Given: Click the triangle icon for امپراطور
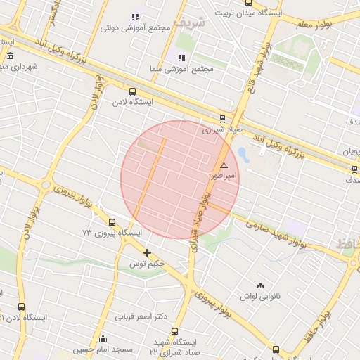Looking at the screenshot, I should (x=224, y=165).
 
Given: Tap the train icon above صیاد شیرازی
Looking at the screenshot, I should (x=223, y=118).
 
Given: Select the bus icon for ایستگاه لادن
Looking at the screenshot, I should (x=132, y=91).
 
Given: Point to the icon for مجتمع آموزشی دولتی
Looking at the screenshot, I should (x=135, y=17).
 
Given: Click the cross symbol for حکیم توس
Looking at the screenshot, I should (x=147, y=252).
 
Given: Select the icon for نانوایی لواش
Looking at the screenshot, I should (x=261, y=285).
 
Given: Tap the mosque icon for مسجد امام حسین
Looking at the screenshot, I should (x=103, y=338).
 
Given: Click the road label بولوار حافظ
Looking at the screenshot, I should (x=323, y=318).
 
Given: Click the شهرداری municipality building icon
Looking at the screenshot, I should (x=10, y=56).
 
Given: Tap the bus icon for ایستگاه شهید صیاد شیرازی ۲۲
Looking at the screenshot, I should (x=174, y=331).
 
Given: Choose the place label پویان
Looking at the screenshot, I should (x=351, y=150).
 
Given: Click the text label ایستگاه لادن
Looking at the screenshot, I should (x=132, y=102).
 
